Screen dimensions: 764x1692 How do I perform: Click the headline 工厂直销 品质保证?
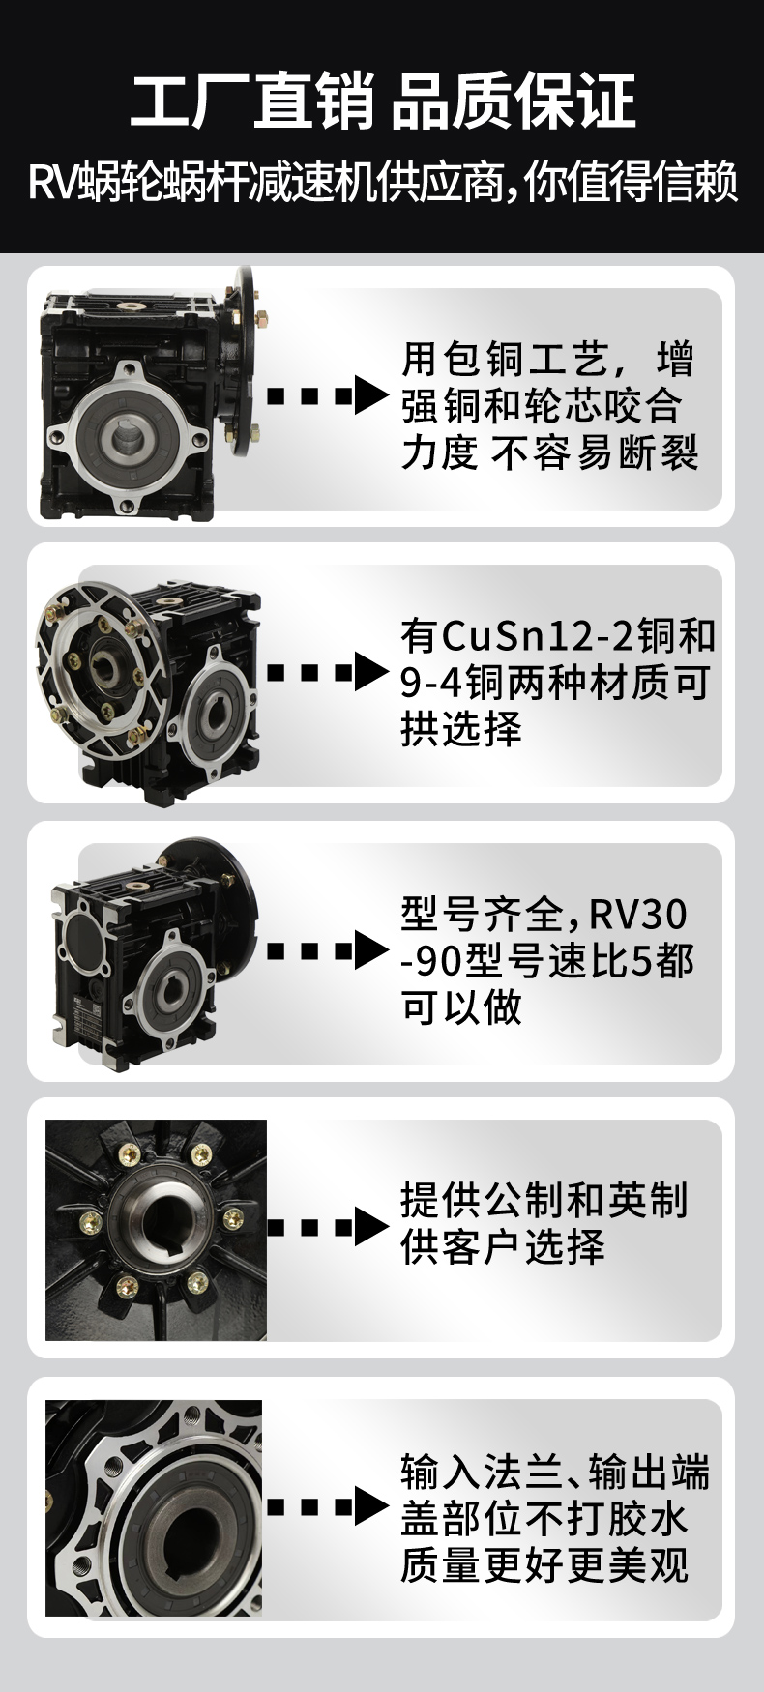coord(383,101)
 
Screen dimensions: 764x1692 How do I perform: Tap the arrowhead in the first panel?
coord(370,395)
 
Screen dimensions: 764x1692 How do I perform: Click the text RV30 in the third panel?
coord(638,913)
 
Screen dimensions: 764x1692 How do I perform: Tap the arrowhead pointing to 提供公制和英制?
coord(370,1227)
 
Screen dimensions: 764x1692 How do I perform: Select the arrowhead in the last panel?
coord(370,1506)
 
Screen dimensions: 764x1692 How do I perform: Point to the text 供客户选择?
coord(503,1247)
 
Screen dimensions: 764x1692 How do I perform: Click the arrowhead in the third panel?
coord(370,950)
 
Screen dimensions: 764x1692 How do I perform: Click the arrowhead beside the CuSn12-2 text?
coord(370,672)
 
